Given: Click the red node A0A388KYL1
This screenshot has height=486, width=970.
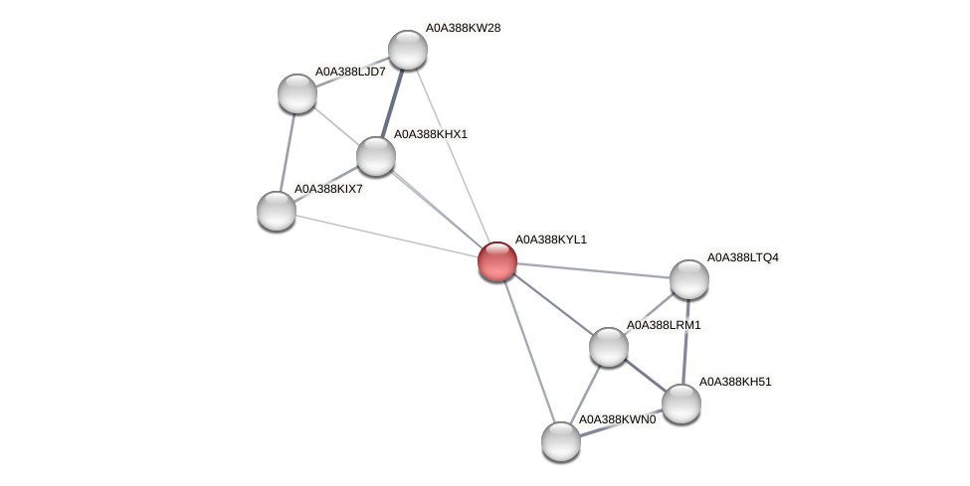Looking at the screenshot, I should [x=497, y=261].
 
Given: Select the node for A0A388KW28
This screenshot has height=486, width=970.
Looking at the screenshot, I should [x=407, y=50].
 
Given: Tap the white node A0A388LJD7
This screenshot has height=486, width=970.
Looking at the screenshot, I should [x=296, y=93].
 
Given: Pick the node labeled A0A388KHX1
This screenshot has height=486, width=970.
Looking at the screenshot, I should [x=376, y=155].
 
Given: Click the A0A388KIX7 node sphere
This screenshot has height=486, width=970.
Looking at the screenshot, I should [x=277, y=210].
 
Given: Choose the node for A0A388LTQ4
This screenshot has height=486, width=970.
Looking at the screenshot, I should [x=688, y=279].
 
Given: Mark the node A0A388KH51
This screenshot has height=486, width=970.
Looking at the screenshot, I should [x=681, y=403].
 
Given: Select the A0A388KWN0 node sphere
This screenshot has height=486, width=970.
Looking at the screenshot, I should [x=561, y=441].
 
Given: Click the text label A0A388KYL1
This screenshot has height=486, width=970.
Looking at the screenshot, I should [x=550, y=240].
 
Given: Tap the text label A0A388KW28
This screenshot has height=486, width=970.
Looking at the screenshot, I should [x=463, y=28].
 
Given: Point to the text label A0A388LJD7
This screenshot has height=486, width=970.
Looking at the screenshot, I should [x=350, y=72].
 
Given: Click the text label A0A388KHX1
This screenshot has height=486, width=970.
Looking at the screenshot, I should [x=430, y=133].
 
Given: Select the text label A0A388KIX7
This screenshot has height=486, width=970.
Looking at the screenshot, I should [x=328, y=188].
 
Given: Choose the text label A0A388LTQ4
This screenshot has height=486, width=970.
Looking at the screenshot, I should [x=742, y=257].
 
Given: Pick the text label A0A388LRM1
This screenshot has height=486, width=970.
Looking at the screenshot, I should [x=663, y=325].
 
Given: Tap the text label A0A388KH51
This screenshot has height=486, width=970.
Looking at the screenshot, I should [x=735, y=381].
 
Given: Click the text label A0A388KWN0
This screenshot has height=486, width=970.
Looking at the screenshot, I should [x=617, y=419].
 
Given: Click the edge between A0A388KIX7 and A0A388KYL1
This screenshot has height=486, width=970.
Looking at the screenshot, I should [x=387, y=236].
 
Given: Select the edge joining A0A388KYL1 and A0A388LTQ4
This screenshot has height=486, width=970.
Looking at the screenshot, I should [x=593, y=270].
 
